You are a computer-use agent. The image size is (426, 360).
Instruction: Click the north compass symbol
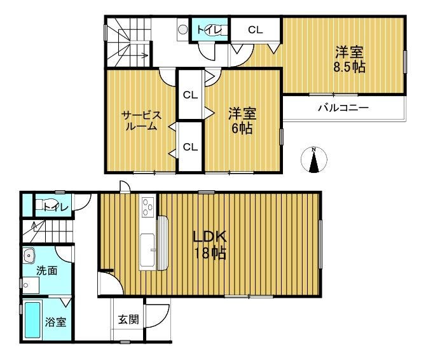point(314,160)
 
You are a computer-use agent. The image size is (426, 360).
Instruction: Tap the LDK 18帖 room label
point(209,245)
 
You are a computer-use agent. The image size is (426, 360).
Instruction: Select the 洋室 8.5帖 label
point(349,60)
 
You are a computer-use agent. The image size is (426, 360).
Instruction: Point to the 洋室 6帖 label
point(242,121)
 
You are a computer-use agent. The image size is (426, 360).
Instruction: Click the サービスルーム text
point(141,121)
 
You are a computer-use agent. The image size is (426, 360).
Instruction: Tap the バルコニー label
point(343,108)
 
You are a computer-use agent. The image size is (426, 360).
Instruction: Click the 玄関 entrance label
point(128,319)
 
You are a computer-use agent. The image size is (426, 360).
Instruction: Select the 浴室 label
point(55,322)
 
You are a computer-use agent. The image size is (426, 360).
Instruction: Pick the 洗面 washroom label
point(46,270)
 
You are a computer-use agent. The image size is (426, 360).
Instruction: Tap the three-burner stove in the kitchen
point(148,207)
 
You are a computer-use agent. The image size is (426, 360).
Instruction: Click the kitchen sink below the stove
point(148,251)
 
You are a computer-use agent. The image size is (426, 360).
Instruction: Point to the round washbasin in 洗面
point(29,256)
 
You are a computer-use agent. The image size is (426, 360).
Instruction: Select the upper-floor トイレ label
point(209,30)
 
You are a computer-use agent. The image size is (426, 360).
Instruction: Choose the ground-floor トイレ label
point(56,208)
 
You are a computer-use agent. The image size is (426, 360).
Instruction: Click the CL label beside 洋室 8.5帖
point(256,30)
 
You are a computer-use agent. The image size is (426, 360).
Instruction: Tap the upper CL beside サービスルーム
point(190,95)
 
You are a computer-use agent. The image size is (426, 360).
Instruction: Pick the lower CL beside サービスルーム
point(190,147)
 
